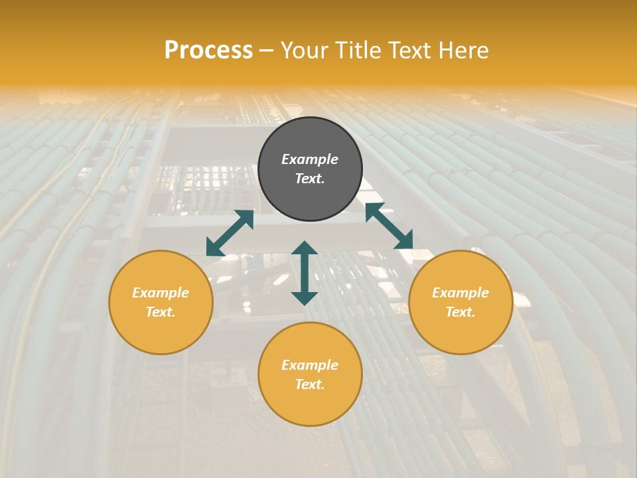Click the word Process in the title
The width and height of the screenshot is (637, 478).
pos(208,50)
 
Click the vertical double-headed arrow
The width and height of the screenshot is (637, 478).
pos(305,273)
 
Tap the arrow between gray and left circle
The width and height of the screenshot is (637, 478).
pos(230,233)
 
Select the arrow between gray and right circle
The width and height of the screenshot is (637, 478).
pos(389,226)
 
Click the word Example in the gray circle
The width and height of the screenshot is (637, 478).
pos(310,159)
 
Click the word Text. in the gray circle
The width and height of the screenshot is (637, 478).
pos(310,179)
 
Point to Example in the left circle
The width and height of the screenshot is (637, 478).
pos(161,293)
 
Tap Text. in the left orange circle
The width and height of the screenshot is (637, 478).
pos(161,312)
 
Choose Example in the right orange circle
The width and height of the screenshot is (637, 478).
pos(460,293)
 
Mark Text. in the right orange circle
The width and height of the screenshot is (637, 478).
pos(460,312)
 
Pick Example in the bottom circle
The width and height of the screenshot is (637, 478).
pos(310,365)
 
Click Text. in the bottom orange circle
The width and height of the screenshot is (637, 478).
pos(310,384)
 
